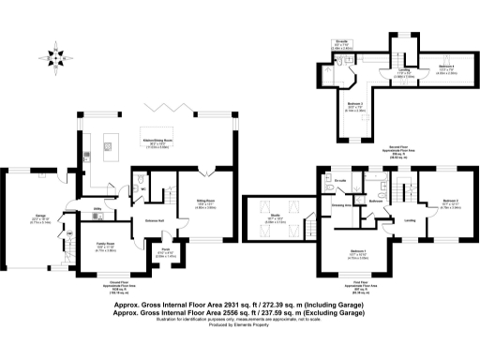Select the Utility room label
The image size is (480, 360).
[97, 210]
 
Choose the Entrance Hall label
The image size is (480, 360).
[154, 221]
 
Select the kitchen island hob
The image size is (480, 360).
[109, 145]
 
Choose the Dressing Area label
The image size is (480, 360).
[339, 203]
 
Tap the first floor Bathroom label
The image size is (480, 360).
[377, 200]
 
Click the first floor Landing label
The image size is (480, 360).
[411, 220]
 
